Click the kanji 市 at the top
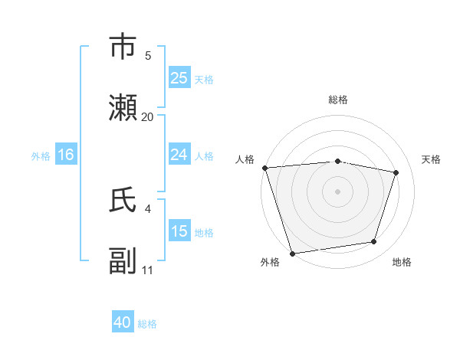click(x=123, y=46)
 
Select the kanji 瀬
click(x=123, y=108)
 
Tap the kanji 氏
click(x=123, y=200)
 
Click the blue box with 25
click(x=179, y=78)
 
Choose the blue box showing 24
click(x=179, y=155)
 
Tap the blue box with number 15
click(x=179, y=232)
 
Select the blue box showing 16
click(x=65, y=155)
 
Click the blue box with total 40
click(x=123, y=323)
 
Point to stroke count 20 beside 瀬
click(x=148, y=117)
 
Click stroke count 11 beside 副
click(x=148, y=270)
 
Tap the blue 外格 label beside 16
click(x=41, y=156)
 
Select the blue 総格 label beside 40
click(x=147, y=324)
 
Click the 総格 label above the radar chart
click(x=338, y=100)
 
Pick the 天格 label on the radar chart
click(x=432, y=159)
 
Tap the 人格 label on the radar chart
click(x=245, y=159)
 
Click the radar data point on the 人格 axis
click(x=264, y=168)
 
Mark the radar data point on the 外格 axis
click(x=292, y=253)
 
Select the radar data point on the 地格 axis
click(x=374, y=242)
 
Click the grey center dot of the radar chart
click(x=338, y=191)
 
